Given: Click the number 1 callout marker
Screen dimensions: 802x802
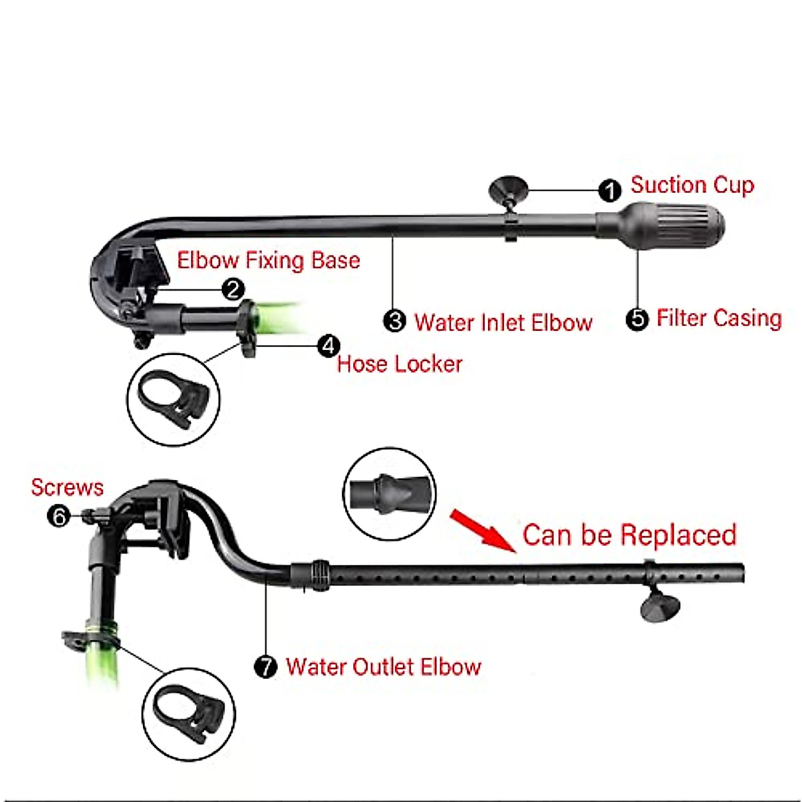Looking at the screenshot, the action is pyautogui.click(x=610, y=191).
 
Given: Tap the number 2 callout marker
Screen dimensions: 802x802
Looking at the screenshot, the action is pyautogui.click(x=233, y=289).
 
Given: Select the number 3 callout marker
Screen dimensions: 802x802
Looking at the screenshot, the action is pyautogui.click(x=394, y=321).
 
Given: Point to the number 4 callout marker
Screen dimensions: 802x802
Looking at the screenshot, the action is pyautogui.click(x=328, y=346).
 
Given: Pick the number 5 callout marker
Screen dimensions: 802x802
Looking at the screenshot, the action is pyautogui.click(x=637, y=319).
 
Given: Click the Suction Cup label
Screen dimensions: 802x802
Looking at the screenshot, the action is pyautogui.click(x=692, y=185).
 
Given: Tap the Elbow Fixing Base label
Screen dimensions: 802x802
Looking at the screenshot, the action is pyautogui.click(x=269, y=261).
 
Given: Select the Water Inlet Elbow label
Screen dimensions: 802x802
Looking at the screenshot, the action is pyautogui.click(x=503, y=323).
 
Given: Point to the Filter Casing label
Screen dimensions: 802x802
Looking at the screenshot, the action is pyautogui.click(x=719, y=318).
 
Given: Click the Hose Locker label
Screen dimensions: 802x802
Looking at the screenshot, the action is pyautogui.click(x=400, y=364).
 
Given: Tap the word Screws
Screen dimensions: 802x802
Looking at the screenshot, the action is pyautogui.click(x=68, y=487).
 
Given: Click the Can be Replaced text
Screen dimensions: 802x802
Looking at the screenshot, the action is pyautogui.click(x=630, y=535).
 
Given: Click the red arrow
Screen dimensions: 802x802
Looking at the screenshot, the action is pyautogui.click(x=483, y=530).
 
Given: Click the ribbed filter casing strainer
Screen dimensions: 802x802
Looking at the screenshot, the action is pyautogui.click(x=660, y=227).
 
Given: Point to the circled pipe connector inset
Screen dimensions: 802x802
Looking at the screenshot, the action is pyautogui.click(x=390, y=494).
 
